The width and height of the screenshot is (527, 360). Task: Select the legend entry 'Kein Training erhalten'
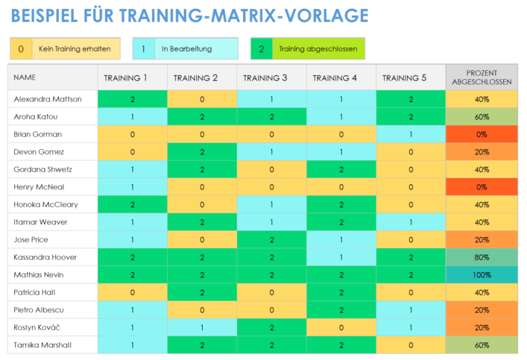pyautogui.click(x=74, y=49)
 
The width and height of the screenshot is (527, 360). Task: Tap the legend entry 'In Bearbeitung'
pyautogui.click(x=187, y=49)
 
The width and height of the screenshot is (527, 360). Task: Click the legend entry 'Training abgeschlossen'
pyautogui.click(x=318, y=49)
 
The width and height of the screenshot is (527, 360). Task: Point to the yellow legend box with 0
pyautogui.click(x=20, y=49)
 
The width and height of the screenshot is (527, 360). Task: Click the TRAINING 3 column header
pyautogui.click(x=272, y=78)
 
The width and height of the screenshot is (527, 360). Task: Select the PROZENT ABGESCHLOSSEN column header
pyautogui.click(x=481, y=77)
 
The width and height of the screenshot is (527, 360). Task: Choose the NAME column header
pyautogui.click(x=25, y=77)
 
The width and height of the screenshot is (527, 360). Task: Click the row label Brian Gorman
pyautogui.click(x=37, y=134)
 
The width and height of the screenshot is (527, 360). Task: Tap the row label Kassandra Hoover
pyautogui.click(x=45, y=257)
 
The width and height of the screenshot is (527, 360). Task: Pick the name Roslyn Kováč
pyautogui.click(x=38, y=327)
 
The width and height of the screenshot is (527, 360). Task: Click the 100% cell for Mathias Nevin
pyautogui.click(x=481, y=275)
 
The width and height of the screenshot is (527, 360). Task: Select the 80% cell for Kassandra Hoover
pyautogui.click(x=481, y=257)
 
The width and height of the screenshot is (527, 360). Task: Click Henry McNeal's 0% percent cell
pyautogui.click(x=481, y=187)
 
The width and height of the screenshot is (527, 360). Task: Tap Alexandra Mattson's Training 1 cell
pyautogui.click(x=132, y=99)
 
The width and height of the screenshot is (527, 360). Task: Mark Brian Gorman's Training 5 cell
pyautogui.click(x=410, y=134)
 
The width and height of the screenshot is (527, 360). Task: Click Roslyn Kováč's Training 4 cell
pyautogui.click(x=341, y=327)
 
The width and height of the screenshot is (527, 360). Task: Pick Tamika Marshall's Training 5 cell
pyautogui.click(x=410, y=345)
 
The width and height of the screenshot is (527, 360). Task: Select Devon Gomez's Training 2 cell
pyautogui.click(x=202, y=152)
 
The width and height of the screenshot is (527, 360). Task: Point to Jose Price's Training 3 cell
pyautogui.click(x=272, y=239)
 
